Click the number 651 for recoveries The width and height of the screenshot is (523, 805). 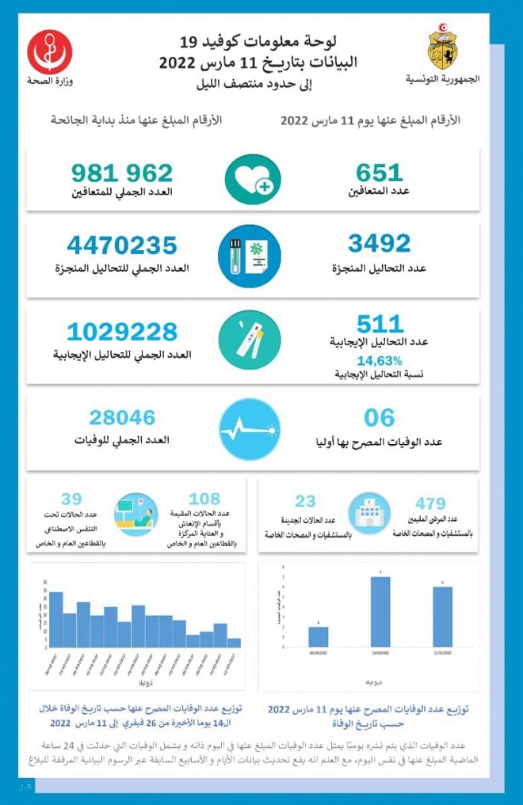380,172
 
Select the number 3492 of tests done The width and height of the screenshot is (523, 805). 380,242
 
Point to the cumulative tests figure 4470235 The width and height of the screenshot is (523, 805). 122,245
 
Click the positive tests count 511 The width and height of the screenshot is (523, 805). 380,322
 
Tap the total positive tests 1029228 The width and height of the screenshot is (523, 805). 127,330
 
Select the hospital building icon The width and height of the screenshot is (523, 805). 368,512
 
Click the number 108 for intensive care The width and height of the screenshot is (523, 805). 205,499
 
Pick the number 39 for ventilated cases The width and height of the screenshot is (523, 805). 72,498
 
